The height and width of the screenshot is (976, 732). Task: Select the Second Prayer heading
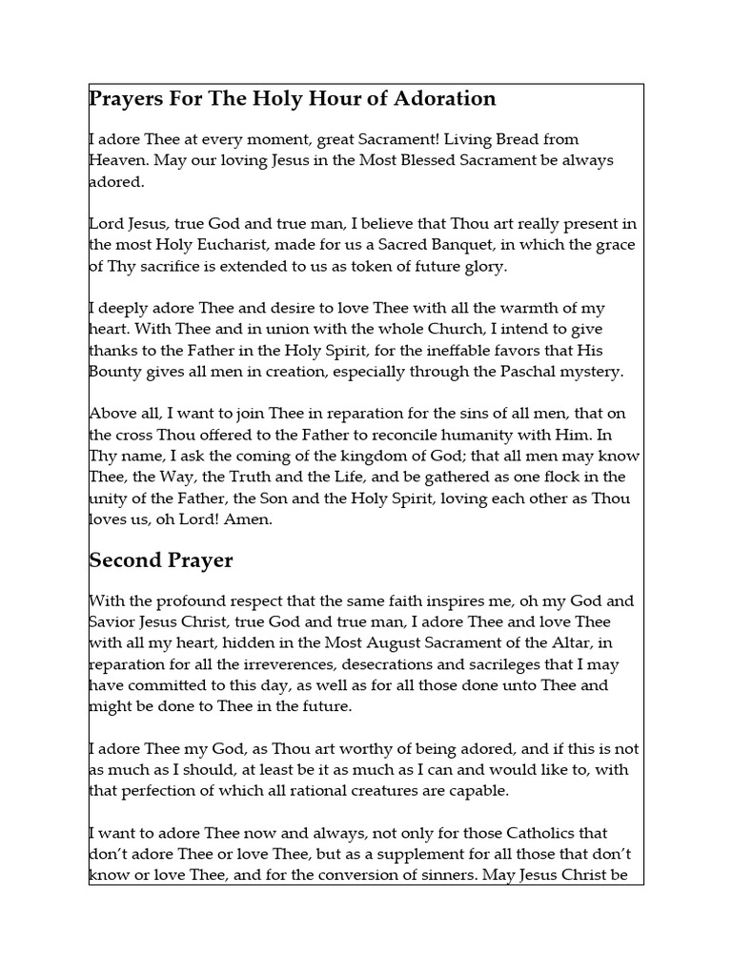(161, 560)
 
